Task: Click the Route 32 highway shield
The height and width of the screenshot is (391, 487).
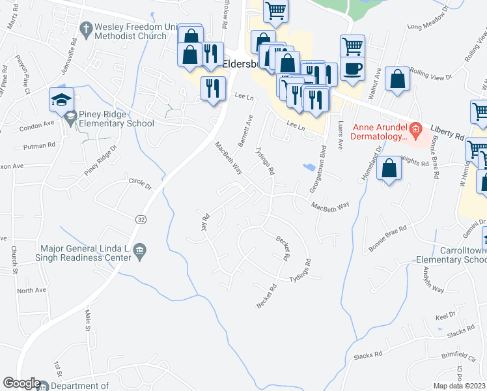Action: point(140,220)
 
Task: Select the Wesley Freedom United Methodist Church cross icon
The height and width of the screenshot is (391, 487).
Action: point(85,28)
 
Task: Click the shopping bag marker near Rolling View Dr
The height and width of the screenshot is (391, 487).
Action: point(397,80)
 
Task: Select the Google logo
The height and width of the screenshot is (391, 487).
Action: point(21,383)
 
